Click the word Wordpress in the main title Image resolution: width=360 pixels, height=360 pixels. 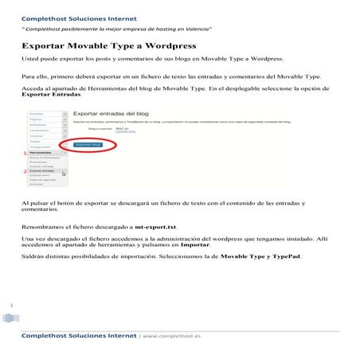tap(158, 46)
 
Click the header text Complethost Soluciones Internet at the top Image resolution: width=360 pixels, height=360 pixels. tap(78, 18)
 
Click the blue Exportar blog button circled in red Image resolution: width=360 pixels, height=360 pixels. tap(88, 145)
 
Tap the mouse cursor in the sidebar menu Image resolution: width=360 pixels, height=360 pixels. tap(64, 173)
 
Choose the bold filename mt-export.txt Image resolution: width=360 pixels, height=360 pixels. tap(156, 227)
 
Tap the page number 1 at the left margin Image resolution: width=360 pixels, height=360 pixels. tap(12, 305)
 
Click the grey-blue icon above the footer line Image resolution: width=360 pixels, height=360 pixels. tap(9, 319)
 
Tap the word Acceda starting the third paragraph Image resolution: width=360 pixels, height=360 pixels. tap(33, 88)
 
